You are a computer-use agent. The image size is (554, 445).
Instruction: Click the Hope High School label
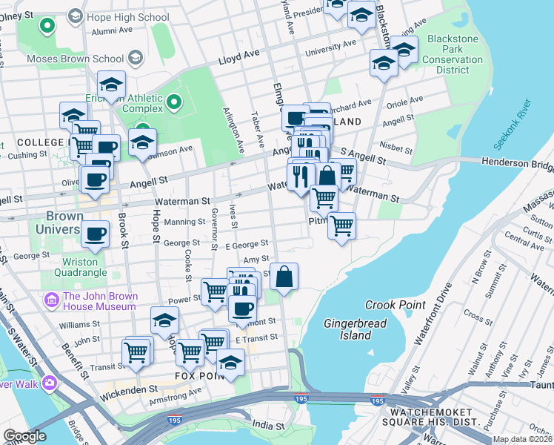[128, 16]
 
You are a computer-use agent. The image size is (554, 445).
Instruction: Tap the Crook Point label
[396, 305]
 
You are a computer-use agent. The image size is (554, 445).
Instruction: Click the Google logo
[24, 436]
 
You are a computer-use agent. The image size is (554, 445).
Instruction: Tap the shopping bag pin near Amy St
[284, 278]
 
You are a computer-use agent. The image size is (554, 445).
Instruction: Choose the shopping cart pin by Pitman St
[341, 226]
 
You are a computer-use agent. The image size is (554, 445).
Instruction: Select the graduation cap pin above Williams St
[165, 320]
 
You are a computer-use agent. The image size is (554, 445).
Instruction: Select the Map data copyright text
[521, 439]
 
